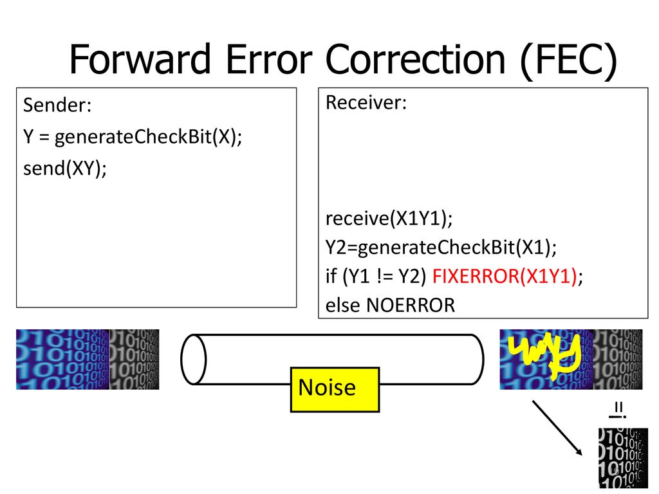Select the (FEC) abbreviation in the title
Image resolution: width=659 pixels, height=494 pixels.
[x=569, y=61]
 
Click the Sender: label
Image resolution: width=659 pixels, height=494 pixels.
[x=57, y=105]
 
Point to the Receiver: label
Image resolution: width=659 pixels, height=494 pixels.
[x=366, y=103]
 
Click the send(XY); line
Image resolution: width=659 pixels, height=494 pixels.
[x=65, y=169]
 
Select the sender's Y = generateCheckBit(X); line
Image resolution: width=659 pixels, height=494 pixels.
[x=133, y=137]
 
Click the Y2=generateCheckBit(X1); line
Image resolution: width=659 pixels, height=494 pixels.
[x=441, y=248]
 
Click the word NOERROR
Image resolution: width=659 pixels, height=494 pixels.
[x=411, y=306]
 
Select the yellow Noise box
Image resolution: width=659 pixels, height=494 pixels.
[x=335, y=389]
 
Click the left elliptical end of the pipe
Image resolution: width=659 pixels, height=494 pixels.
[x=193, y=359]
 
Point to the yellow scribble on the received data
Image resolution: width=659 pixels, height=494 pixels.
[x=544, y=355]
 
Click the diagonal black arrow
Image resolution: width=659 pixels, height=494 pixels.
[x=557, y=428]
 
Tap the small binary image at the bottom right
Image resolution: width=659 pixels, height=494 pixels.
[x=623, y=458]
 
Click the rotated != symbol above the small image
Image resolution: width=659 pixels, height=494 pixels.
[x=618, y=410]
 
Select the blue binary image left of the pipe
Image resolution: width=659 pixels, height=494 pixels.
[x=62, y=360]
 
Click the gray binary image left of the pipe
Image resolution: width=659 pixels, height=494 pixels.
[x=135, y=360]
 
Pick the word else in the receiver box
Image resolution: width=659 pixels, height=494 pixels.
[x=342, y=306]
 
